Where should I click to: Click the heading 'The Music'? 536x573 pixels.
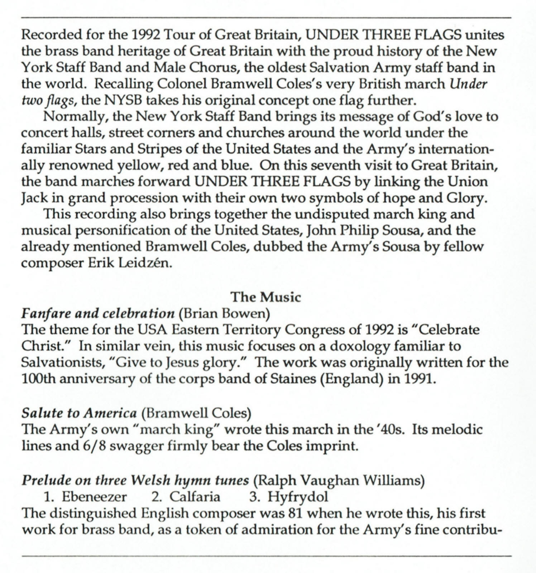[265, 297]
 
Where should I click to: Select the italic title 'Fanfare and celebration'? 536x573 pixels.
[98, 314]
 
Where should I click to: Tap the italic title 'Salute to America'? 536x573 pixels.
[79, 413]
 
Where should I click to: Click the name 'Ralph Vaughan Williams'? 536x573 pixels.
[339, 480]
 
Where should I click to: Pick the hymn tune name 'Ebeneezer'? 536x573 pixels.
[94, 497]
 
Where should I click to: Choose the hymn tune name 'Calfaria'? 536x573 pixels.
[195, 497]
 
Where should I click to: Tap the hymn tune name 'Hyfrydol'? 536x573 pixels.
[297, 497]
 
